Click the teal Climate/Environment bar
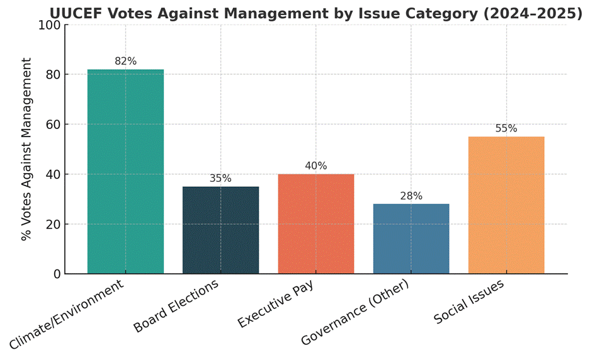[x=125, y=171]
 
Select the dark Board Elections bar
[x=220, y=230]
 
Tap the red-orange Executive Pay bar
[x=315, y=223]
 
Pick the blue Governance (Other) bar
[x=411, y=239]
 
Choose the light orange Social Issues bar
[x=506, y=205]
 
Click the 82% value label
[x=125, y=61]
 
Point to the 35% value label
[x=220, y=178]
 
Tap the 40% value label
[x=315, y=166]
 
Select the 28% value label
[x=411, y=196]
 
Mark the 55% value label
[x=506, y=128]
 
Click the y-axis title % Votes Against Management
[x=26, y=149]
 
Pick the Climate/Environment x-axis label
[x=67, y=314]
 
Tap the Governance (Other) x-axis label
[x=356, y=312]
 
